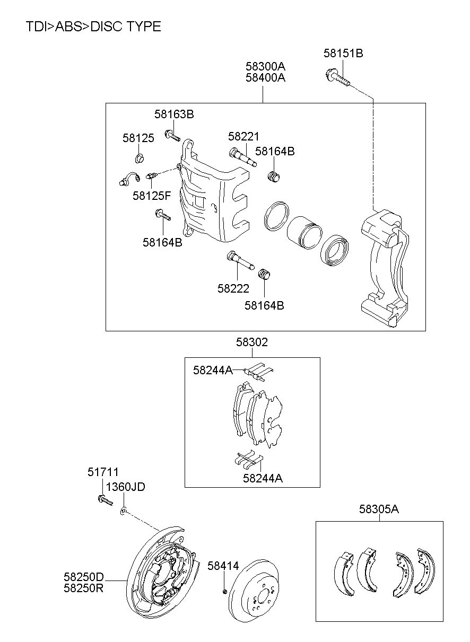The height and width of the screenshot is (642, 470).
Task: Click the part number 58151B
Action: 343,54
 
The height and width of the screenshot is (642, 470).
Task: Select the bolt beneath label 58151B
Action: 338,77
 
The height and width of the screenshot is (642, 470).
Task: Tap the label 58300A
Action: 265,66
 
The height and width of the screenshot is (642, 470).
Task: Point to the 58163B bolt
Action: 172,135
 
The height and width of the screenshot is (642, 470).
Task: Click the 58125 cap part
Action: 140,158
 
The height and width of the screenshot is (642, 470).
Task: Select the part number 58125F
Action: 152,196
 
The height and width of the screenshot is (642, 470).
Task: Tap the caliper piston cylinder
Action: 304,232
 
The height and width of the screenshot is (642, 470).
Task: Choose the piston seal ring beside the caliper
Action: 276,216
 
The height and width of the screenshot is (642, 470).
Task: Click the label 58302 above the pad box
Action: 252,342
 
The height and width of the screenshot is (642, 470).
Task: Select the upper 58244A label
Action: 213,370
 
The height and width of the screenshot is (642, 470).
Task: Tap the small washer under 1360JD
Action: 123,511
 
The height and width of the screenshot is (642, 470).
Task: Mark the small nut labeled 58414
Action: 225,591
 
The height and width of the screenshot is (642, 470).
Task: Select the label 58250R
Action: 83,588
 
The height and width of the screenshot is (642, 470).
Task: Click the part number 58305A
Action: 379,509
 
